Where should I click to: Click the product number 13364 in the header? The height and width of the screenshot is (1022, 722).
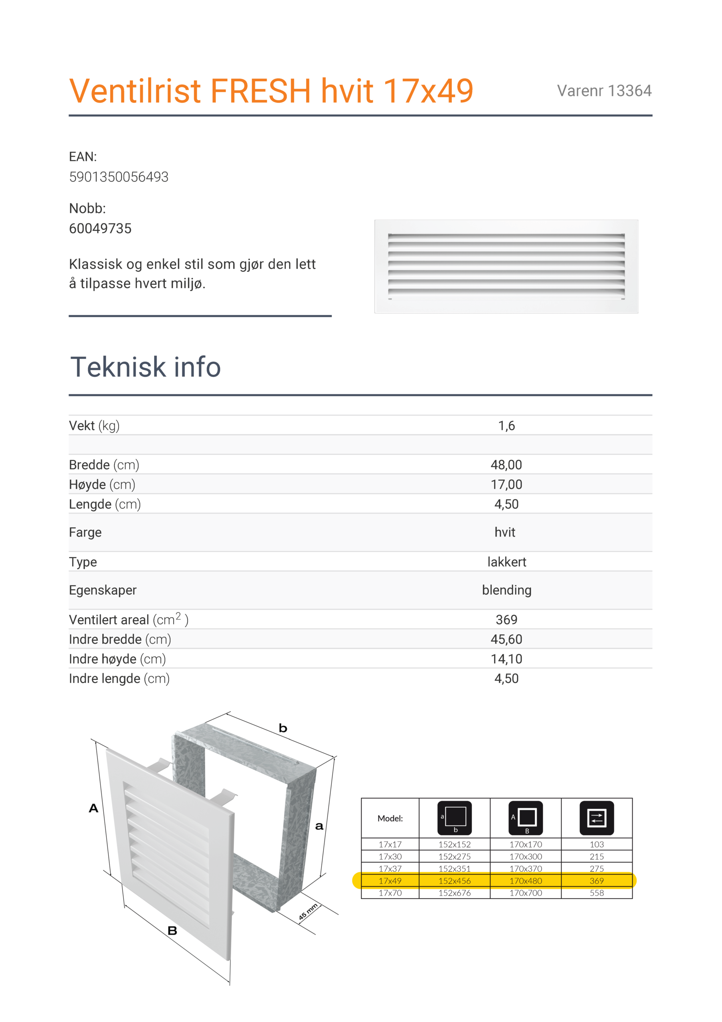click(629, 91)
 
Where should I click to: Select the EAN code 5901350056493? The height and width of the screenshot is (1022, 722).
click(119, 177)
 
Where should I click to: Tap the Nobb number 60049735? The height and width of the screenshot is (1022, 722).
click(100, 228)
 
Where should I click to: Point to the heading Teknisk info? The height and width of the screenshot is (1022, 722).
click(146, 367)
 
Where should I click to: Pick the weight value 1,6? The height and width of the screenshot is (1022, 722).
click(506, 426)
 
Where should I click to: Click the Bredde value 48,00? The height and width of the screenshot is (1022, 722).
click(506, 465)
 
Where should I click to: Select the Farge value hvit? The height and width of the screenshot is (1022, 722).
click(505, 533)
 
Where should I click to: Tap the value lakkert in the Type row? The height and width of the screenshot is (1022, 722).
click(506, 562)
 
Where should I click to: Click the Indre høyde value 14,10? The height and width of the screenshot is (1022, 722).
click(506, 659)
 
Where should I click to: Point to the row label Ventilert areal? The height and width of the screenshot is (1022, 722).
click(109, 620)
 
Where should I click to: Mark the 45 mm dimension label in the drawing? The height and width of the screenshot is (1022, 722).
click(308, 912)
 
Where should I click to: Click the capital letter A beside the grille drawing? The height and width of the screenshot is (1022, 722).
click(93, 808)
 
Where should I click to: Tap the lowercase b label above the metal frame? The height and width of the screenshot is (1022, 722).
click(283, 729)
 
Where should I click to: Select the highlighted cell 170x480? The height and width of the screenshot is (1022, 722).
click(526, 881)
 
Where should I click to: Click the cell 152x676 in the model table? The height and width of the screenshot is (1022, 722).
click(455, 893)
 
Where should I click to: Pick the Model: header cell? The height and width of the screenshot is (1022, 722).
click(390, 818)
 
